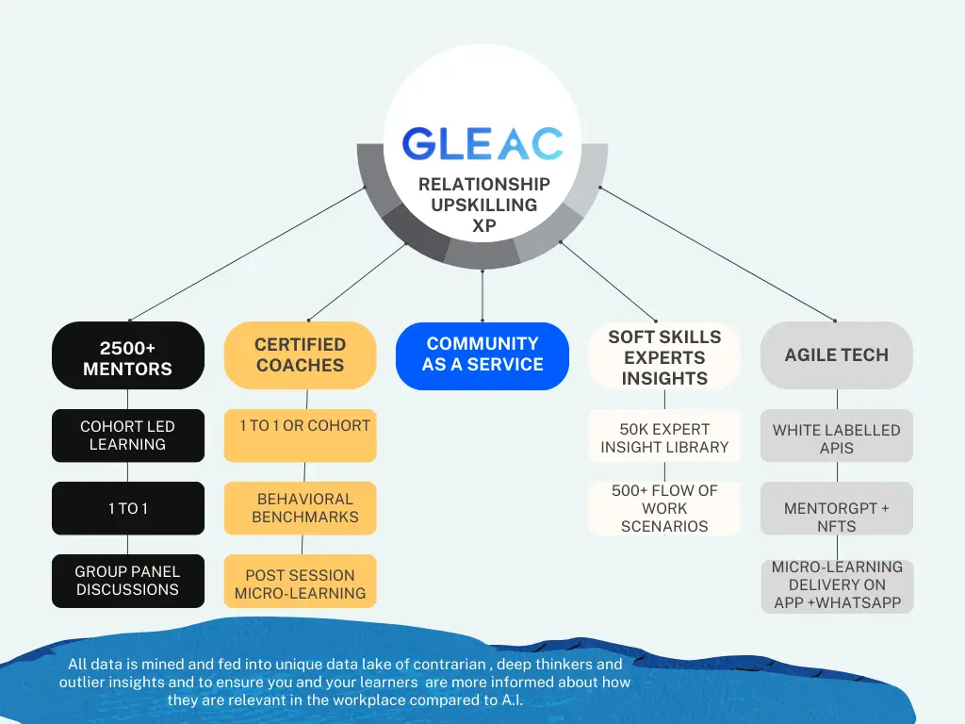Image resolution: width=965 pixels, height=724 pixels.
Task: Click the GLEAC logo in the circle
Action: point(482,143)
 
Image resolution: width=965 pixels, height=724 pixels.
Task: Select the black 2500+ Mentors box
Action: point(128,356)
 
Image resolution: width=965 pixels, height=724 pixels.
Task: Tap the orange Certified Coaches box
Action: point(300,355)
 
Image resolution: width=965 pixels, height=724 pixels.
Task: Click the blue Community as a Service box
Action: point(482,355)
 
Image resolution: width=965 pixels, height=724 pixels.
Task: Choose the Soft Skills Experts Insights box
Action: point(664,357)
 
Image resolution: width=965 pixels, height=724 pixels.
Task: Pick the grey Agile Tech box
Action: point(837,355)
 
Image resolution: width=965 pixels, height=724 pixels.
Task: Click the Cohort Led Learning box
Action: point(128,436)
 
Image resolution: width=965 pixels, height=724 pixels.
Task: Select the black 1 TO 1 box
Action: point(128,509)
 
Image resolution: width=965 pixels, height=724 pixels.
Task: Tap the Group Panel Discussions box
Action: point(128,581)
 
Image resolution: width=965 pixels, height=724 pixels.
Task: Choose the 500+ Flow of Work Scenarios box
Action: point(664,508)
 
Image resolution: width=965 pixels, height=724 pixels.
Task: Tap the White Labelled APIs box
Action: point(837,437)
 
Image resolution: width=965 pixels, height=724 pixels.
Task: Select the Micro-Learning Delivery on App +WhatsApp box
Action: point(837,585)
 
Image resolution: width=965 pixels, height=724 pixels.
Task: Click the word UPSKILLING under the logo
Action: point(483,205)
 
